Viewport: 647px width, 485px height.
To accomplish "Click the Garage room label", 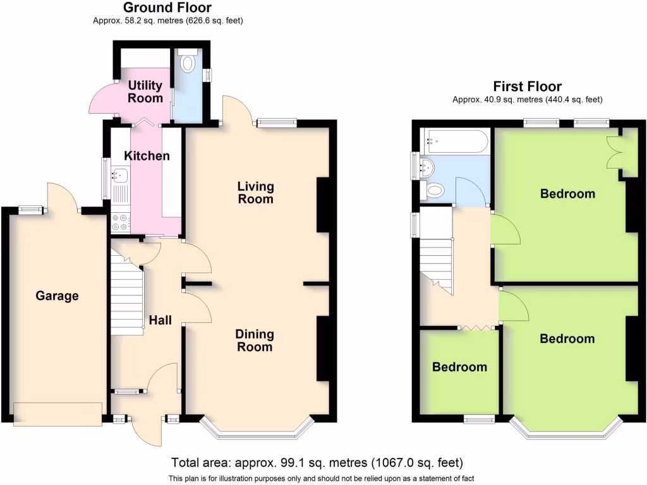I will [57, 296].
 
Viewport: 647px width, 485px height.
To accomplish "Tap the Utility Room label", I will [145, 92].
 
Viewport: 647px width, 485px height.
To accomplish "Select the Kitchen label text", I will [147, 155].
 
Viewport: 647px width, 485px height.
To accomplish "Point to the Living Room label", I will [255, 193].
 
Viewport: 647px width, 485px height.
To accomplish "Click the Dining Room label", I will [254, 340].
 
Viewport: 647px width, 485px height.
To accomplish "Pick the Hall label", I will [160, 321].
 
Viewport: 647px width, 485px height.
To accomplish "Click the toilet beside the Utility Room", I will [187, 63].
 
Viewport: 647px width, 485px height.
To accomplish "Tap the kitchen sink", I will [119, 175].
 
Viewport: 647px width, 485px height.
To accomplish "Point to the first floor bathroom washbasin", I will [427, 167].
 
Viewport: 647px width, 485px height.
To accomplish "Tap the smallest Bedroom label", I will [459, 367].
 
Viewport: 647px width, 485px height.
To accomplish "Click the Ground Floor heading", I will [167, 8].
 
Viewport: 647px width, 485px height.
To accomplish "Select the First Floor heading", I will [528, 87].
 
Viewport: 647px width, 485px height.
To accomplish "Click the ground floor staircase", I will [126, 294].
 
